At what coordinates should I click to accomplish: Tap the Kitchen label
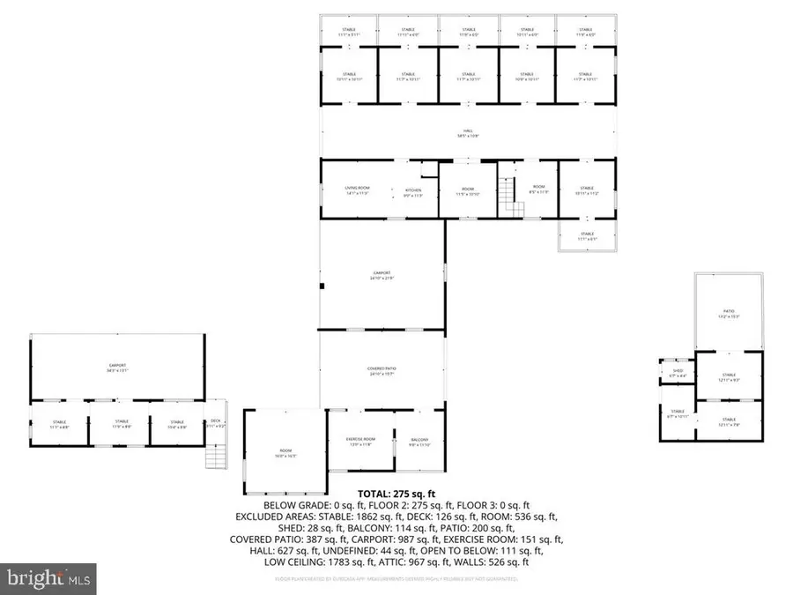coord(412,191)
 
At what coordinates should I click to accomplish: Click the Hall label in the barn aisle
coord(468,133)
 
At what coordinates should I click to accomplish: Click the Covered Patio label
coord(381,371)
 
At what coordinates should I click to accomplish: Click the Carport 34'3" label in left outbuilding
coord(117,368)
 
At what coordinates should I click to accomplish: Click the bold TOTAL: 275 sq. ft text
coord(396,494)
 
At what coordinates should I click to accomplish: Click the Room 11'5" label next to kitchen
coord(468,191)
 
